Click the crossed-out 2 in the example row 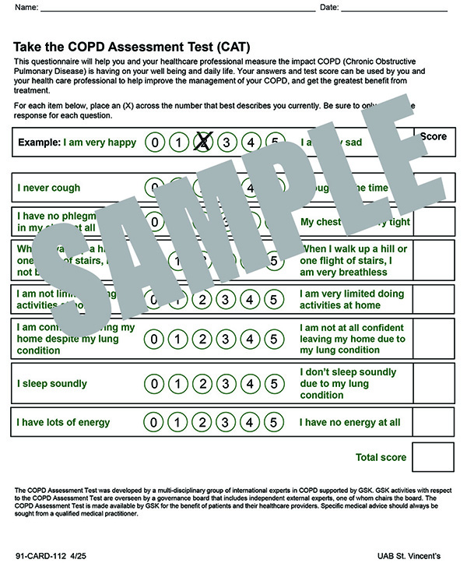pos(203,142)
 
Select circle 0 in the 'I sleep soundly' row pos(156,384)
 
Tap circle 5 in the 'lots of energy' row pos(273,423)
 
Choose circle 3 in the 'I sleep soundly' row pos(226,384)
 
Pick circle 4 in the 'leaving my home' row pos(250,339)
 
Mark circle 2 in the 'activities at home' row pos(203,299)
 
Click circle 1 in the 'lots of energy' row pos(179,423)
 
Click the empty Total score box pos(432,457)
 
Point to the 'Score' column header pos(434,136)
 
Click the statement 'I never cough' pos(49,188)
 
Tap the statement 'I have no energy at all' pos(350,422)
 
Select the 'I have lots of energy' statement pos(64,422)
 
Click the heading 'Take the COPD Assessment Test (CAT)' pos(132,47)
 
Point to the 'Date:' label pos(330,8)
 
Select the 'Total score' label pos(381,457)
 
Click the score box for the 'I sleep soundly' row pos(432,384)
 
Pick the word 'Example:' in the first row pos(39,143)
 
